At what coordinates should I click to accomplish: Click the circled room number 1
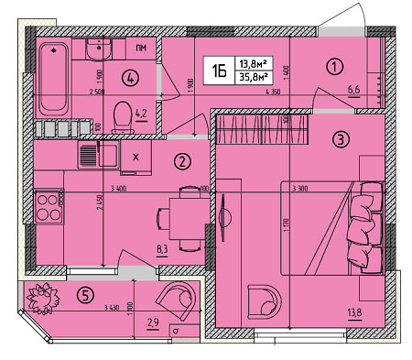click(x=335, y=65)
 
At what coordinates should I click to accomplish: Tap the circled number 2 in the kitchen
click(x=182, y=162)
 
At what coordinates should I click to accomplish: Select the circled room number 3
click(x=340, y=140)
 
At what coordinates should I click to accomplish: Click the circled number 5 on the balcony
click(x=86, y=296)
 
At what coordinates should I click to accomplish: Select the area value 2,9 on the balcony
click(x=154, y=323)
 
